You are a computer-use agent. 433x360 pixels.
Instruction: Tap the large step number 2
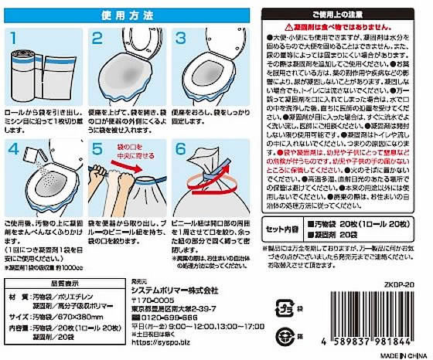click(99, 39)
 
